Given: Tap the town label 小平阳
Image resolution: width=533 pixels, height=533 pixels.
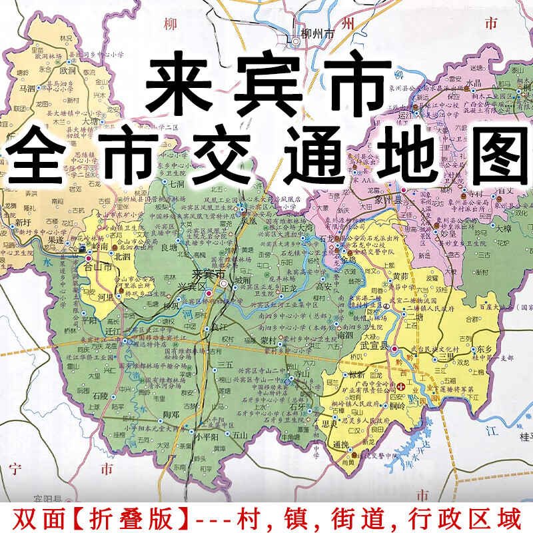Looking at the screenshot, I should (x=207, y=437).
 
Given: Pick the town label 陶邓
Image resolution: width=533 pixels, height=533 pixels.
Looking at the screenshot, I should (x=171, y=414).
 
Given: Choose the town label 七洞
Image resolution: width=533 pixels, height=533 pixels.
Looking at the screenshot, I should (x=177, y=184).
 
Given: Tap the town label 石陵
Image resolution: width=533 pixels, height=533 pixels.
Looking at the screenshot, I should (x=101, y=394).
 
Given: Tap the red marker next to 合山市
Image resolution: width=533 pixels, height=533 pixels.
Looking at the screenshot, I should (x=88, y=258).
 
